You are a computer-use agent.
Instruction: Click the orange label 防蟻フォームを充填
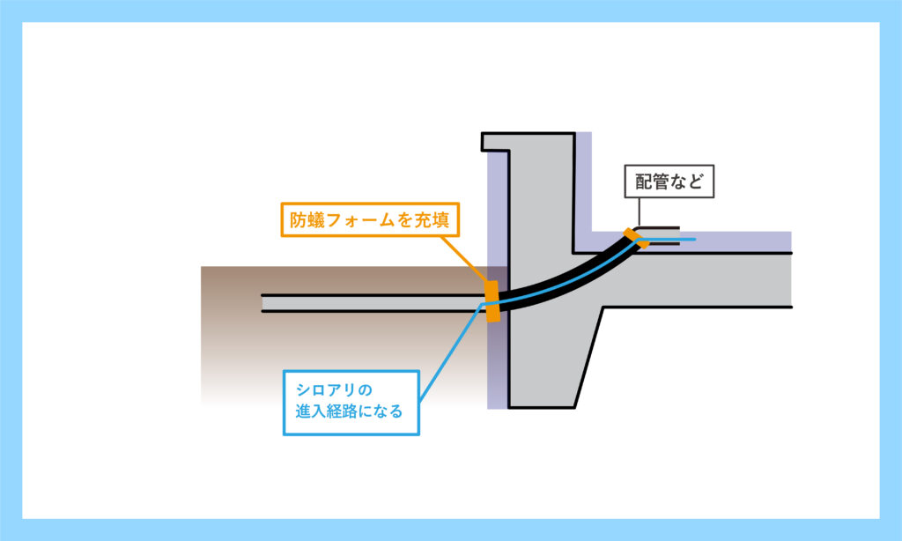click(x=370, y=219)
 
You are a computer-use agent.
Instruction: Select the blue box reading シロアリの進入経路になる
click(x=351, y=403)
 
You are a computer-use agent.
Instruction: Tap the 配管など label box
click(x=669, y=182)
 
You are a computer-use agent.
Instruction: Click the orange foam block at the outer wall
click(x=492, y=301)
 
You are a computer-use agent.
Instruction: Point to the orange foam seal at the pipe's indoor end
click(x=636, y=238)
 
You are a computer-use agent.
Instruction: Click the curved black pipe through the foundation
click(x=571, y=279)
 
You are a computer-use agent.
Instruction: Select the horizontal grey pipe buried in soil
click(x=373, y=303)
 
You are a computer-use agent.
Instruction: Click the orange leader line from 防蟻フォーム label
click(x=464, y=259)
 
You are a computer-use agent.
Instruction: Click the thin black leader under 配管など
click(x=640, y=212)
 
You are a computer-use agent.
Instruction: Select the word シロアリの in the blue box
click(x=334, y=390)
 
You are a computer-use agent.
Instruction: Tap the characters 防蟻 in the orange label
click(x=307, y=220)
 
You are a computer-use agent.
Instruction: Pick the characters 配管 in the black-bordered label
click(x=653, y=182)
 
